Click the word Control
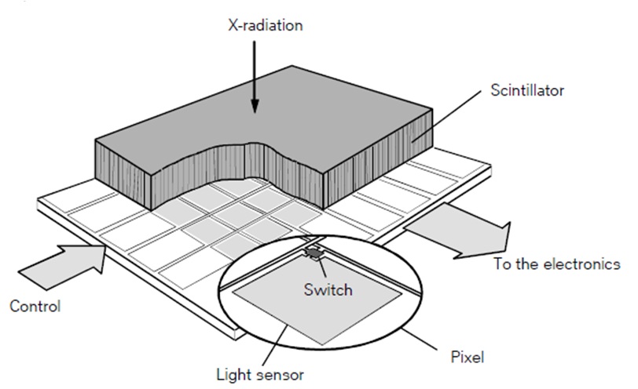(35, 305)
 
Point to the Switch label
(328, 289)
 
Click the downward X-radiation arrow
(254, 78)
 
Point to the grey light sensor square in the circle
(322, 310)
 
